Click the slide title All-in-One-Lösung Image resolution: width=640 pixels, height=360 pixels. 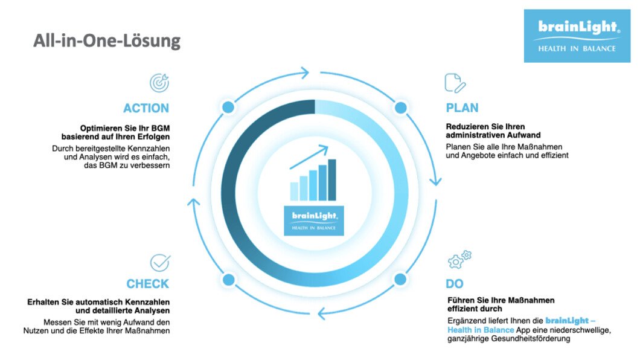click(x=106, y=41)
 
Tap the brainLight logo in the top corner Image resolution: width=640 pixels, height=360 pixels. click(x=577, y=36)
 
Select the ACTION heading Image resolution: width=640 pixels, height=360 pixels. click(x=146, y=108)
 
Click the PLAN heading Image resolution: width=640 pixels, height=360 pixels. click(x=462, y=108)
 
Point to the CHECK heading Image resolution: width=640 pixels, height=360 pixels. click(x=148, y=284)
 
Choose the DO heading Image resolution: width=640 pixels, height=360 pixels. click(x=454, y=284)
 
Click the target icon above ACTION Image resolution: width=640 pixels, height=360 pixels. click(x=159, y=83)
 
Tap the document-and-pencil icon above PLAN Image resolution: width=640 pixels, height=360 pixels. click(x=455, y=83)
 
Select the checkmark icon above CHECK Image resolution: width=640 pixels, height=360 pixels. click(x=160, y=262)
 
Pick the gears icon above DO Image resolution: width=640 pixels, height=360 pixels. click(x=459, y=260)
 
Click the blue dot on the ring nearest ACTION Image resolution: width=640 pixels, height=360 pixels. click(x=228, y=108)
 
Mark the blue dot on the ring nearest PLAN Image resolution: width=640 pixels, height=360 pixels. click(x=401, y=108)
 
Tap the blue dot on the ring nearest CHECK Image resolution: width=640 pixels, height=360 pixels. click(x=229, y=280)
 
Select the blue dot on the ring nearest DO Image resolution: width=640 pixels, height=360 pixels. click(x=400, y=280)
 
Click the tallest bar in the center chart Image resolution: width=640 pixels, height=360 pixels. click(x=332, y=179)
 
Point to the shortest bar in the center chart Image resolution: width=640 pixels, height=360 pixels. click(x=294, y=191)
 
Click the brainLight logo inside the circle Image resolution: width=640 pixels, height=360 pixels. click(x=314, y=221)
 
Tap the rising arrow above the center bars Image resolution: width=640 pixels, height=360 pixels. click(x=309, y=156)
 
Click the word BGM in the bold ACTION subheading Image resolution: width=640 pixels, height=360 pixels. click(x=161, y=128)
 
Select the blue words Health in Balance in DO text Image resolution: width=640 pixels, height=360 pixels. click(x=481, y=330)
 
